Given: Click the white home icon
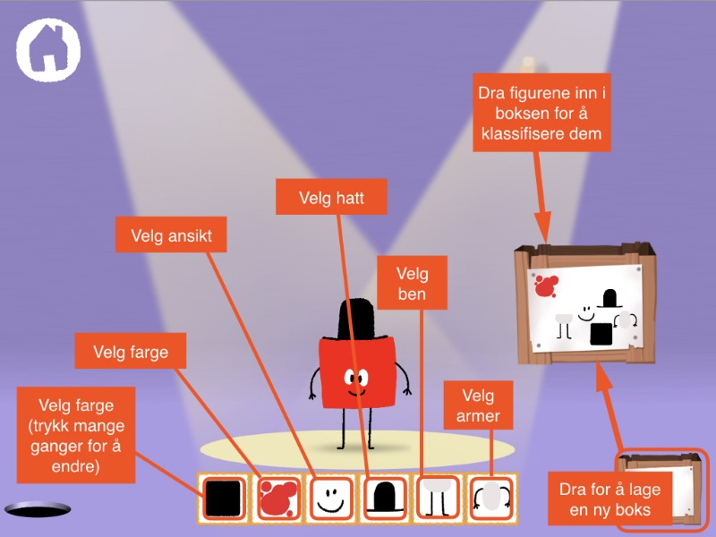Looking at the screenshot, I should click(x=47, y=49).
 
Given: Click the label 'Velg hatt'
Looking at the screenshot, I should click(x=331, y=197).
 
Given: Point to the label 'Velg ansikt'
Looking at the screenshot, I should click(x=170, y=236).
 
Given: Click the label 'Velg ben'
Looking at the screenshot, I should click(x=412, y=284).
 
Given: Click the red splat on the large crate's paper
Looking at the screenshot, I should click(x=545, y=286).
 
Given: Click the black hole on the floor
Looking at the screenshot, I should click(x=38, y=509).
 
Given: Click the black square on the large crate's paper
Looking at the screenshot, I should click(x=601, y=334).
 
